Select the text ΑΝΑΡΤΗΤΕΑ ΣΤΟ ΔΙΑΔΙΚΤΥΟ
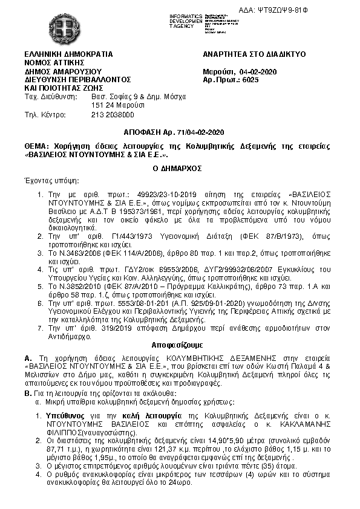click(254, 54)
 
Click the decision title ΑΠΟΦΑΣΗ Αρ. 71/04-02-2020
click(180, 132)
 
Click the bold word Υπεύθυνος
click(64, 417)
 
